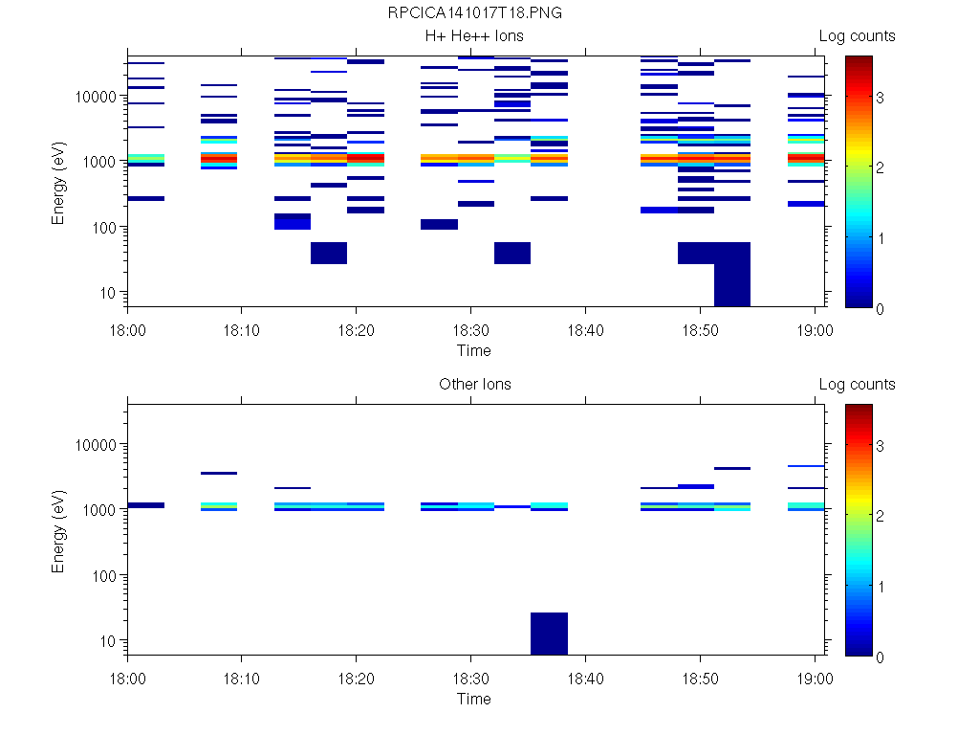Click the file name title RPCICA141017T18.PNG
474,13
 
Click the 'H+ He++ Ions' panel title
474,36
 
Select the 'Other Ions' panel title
474,385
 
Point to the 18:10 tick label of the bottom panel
241,678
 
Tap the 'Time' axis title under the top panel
474,350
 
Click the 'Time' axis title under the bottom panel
474,699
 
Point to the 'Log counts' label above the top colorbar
857,36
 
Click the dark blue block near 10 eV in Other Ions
549,634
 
